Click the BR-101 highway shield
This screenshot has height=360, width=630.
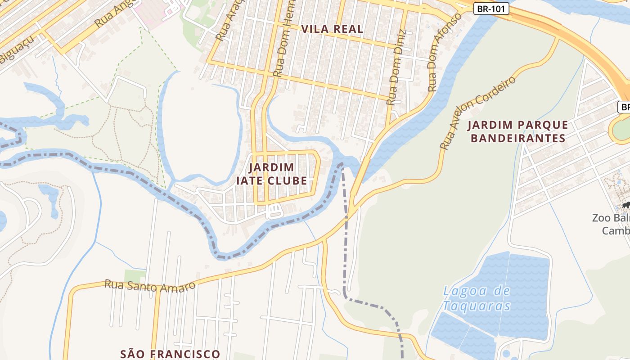click(x=491, y=8)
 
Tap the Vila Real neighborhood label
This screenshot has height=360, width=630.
click(x=332, y=29)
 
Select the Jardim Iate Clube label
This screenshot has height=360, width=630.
click(x=272, y=174)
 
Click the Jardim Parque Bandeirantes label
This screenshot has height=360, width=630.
click(x=517, y=131)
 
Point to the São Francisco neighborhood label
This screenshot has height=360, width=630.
click(x=170, y=354)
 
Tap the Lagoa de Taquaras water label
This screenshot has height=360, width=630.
click(x=477, y=298)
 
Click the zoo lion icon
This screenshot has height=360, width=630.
click(x=625, y=206)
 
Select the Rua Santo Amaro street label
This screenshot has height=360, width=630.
click(x=150, y=286)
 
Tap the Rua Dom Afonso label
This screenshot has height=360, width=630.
click(x=445, y=52)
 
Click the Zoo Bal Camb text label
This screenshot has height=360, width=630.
click(x=611, y=224)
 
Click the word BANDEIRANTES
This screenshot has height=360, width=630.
click(x=517, y=138)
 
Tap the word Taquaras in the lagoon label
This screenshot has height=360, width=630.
click(x=477, y=306)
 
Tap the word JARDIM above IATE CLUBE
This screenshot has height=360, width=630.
click(x=272, y=167)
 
